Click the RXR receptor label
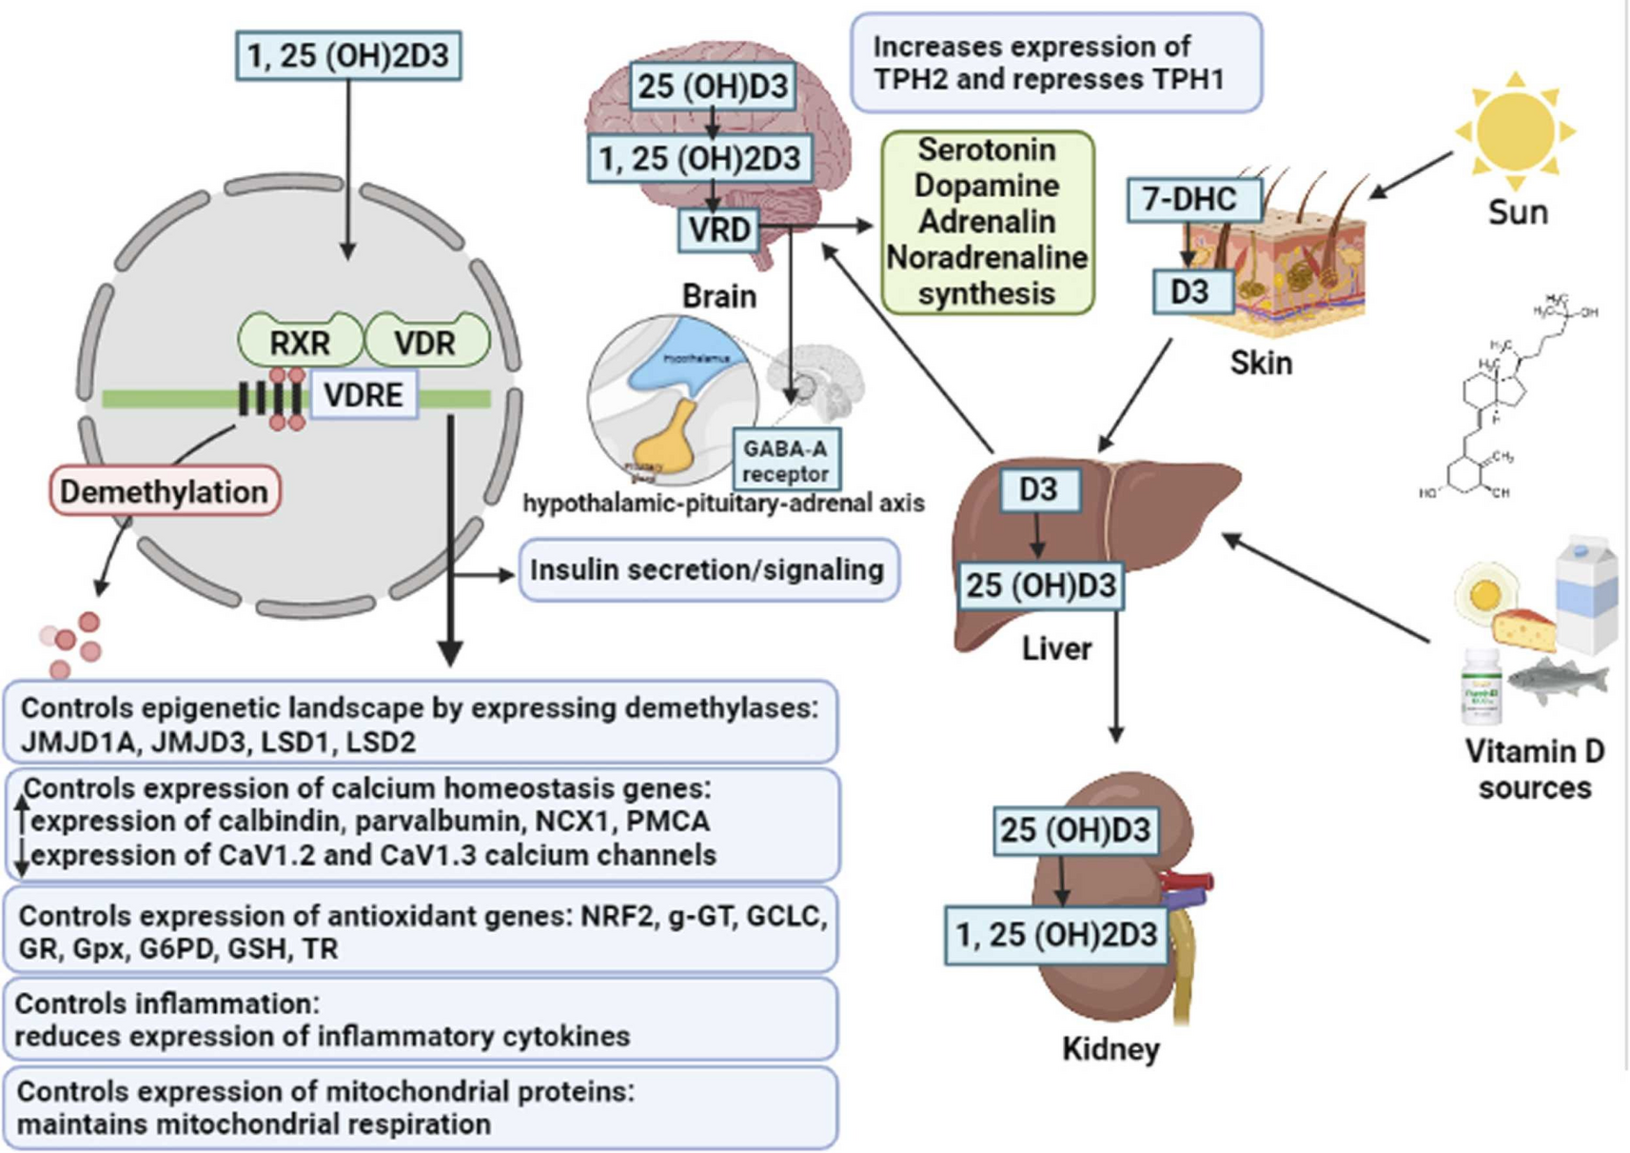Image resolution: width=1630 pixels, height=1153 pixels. click(x=300, y=343)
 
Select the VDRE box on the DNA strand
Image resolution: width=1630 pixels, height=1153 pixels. click(x=363, y=395)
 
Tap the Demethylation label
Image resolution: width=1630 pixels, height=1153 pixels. click(x=165, y=491)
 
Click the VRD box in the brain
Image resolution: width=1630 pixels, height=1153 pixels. click(x=718, y=229)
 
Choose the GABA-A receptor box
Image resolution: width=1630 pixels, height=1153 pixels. click(x=785, y=461)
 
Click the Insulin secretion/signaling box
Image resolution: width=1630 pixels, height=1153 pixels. click(x=707, y=569)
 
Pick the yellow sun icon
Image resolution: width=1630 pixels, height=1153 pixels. click(x=1515, y=130)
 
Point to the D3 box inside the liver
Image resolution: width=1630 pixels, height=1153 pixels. click(x=1038, y=489)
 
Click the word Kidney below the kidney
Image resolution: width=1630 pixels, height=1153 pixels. click(x=1110, y=1049)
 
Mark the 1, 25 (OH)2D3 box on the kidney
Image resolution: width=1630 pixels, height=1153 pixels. click(x=1056, y=935)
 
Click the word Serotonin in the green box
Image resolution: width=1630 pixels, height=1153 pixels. click(x=986, y=149)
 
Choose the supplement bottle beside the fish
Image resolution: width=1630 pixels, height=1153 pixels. click(x=1482, y=686)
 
